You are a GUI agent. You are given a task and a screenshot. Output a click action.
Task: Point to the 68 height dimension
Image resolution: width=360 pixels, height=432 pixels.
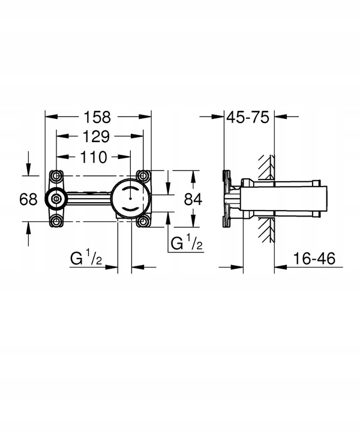(28, 199)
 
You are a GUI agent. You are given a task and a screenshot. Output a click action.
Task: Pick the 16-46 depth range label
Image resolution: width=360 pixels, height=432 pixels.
(315, 259)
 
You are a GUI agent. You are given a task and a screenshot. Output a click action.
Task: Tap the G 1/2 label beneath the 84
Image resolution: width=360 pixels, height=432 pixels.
(187, 243)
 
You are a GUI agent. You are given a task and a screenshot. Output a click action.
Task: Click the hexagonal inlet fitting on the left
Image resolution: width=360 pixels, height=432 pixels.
(55, 199)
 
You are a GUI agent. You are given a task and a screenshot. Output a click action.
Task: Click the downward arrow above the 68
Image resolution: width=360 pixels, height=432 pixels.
(29, 168)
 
